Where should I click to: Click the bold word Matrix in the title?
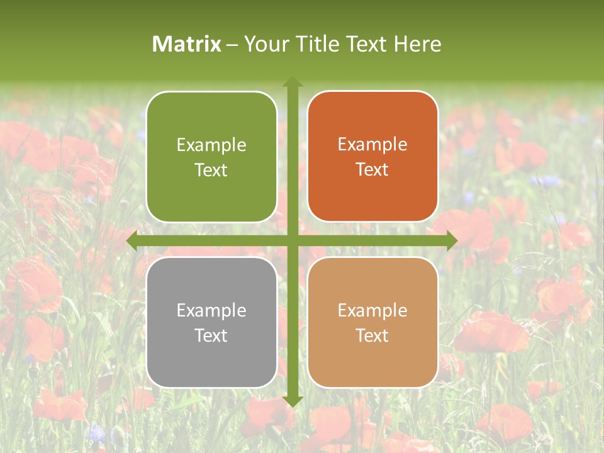pyautogui.click(x=187, y=44)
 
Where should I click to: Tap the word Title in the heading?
pyautogui.click(x=322, y=44)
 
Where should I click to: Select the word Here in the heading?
pyautogui.click(x=417, y=44)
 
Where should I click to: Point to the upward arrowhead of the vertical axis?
pyautogui.click(x=293, y=82)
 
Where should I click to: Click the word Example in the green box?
pyautogui.click(x=211, y=145)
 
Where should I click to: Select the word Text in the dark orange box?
pyautogui.click(x=372, y=170)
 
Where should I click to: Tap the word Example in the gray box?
pyautogui.click(x=211, y=310)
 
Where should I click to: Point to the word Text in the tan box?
pyautogui.click(x=372, y=335)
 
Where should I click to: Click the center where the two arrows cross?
pyautogui.click(x=293, y=240)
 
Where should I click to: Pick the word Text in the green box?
pyautogui.click(x=211, y=170)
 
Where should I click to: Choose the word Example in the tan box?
pyautogui.click(x=372, y=310)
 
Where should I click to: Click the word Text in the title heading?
pyautogui.click(x=370, y=44)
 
